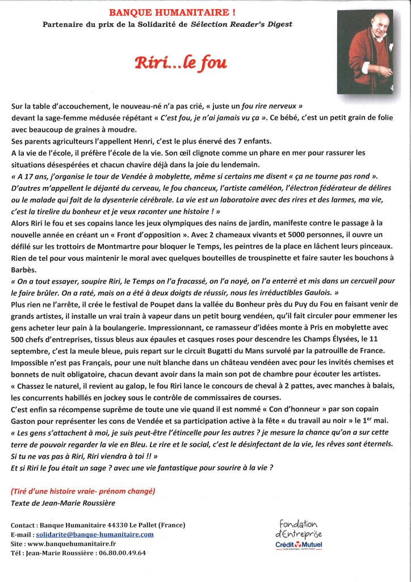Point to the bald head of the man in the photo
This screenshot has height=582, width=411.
pyautogui.click(x=366, y=22)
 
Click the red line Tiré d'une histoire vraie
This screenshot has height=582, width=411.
pyautogui.click(x=82, y=490)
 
